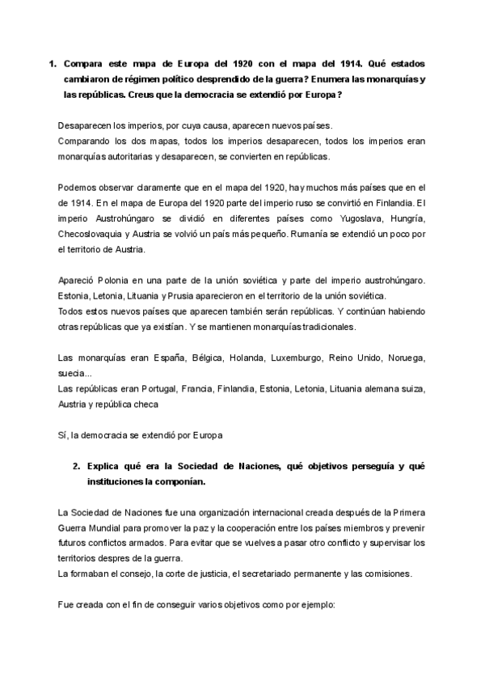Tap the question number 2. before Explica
(76, 467)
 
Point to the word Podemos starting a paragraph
(80, 188)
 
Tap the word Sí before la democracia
(64, 435)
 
